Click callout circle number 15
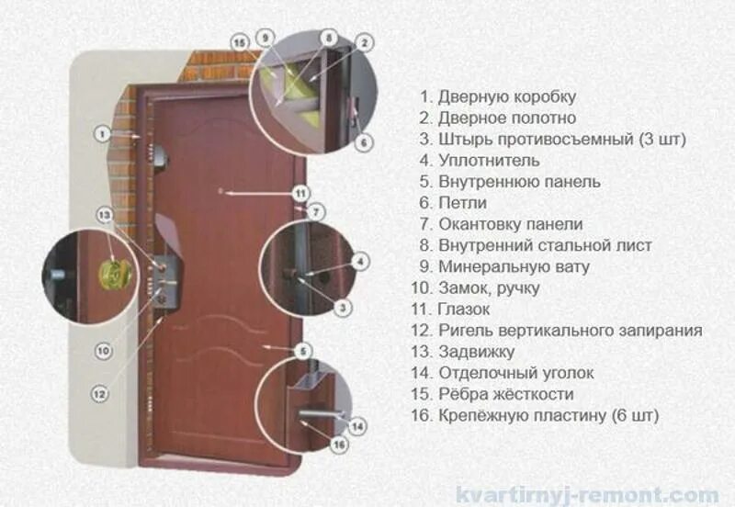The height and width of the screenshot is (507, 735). [241, 43]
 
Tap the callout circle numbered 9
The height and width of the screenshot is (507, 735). [266, 38]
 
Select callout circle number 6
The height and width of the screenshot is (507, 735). [363, 142]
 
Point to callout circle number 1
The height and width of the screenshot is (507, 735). [102, 133]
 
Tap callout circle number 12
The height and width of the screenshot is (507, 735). [99, 393]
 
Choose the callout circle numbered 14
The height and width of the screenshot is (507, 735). [358, 426]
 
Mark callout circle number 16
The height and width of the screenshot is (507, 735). [339, 446]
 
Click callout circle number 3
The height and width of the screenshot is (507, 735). [342, 308]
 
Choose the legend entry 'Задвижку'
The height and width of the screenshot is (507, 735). [475, 352]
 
